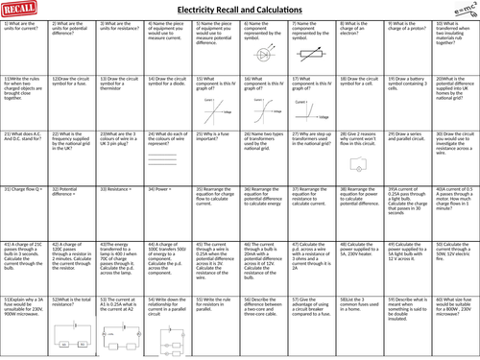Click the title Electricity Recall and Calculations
239,12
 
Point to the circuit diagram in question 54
166,338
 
